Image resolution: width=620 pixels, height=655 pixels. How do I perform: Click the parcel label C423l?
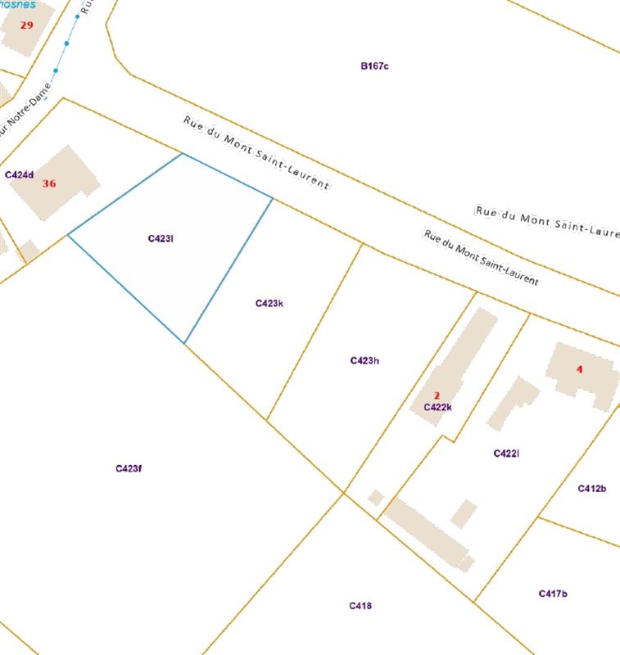click(161, 238)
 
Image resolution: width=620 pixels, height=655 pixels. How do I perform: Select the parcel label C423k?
click(269, 303)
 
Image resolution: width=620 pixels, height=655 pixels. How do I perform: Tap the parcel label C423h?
click(364, 360)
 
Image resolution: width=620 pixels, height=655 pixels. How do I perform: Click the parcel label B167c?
click(374, 65)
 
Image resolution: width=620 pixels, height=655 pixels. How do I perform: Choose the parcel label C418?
click(360, 606)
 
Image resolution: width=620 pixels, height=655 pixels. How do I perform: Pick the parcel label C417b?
click(553, 594)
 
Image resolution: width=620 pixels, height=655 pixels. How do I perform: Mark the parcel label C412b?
click(591, 489)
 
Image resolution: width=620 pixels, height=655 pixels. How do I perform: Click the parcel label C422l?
click(507, 454)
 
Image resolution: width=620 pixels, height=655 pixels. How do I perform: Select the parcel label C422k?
click(438, 407)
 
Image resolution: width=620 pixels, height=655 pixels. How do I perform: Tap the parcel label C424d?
click(19, 174)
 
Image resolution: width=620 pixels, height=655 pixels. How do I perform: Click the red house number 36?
click(49, 183)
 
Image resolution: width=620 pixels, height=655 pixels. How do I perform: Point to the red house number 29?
click(27, 25)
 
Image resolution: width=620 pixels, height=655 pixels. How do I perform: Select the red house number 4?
click(580, 369)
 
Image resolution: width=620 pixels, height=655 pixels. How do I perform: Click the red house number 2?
click(437, 395)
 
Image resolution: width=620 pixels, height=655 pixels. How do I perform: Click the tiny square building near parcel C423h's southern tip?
click(376, 497)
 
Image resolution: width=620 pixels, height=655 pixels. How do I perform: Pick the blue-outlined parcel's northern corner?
click(182, 153)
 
